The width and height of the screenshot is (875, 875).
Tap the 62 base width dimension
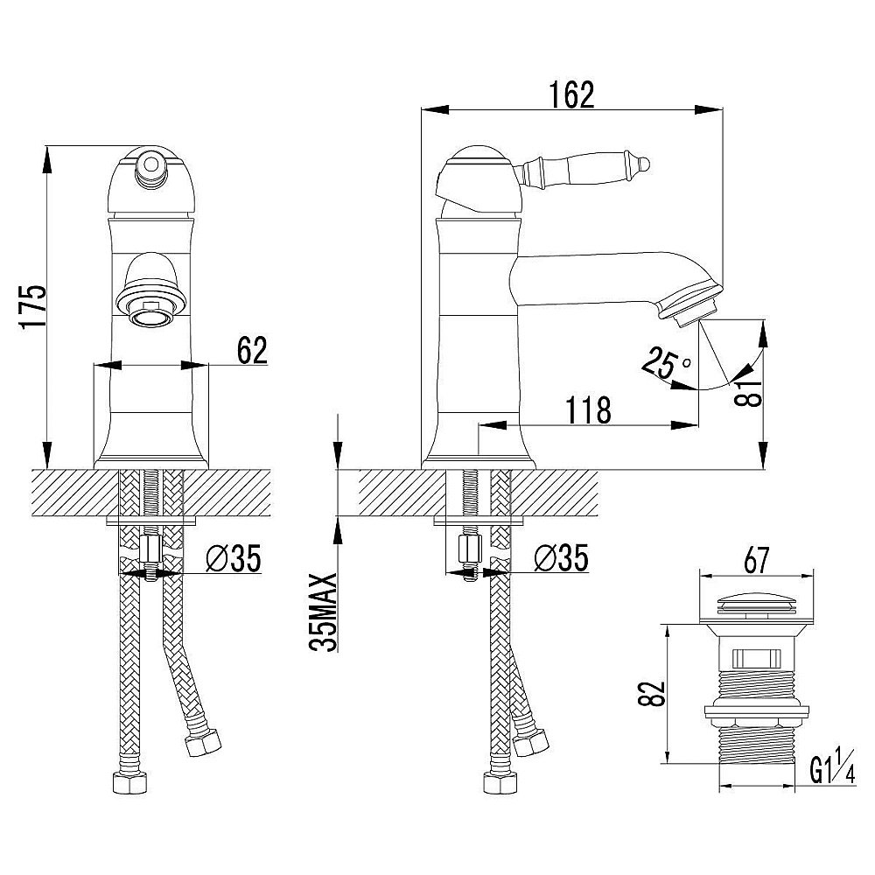pos(253,351)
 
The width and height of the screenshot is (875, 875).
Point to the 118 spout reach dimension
pos(589,410)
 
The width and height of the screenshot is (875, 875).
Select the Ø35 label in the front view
pos(234,558)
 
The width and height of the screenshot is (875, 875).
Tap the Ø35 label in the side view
pos(561,558)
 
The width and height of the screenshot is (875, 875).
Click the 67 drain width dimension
pos(756,561)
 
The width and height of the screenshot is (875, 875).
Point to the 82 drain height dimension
pos(656,694)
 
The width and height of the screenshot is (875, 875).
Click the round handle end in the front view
pos(150,164)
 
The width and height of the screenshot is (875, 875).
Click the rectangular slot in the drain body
pos(757,659)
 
